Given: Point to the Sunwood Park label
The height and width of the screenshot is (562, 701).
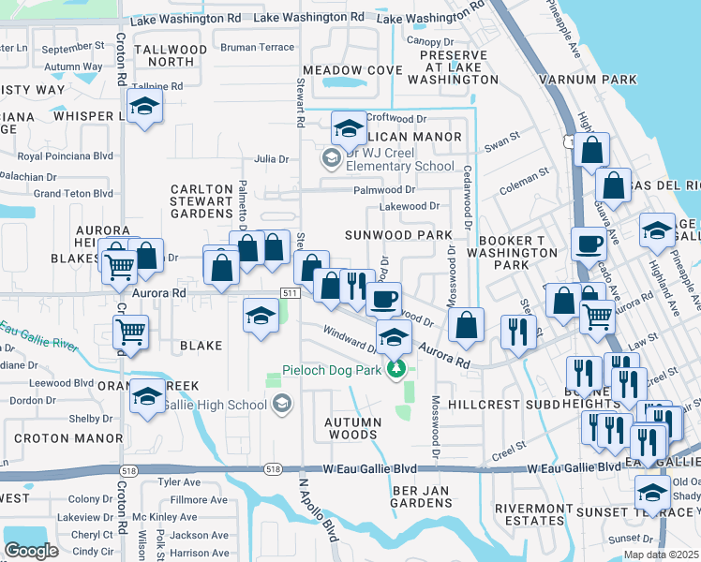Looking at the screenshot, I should coord(391,234).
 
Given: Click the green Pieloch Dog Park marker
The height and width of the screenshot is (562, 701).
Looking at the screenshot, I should coord(397,370).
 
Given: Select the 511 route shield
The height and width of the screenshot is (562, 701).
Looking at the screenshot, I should coord(290,293).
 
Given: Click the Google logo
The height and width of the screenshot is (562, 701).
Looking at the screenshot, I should coord(31,551).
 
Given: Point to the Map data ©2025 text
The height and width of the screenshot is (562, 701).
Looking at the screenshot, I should coord(661,555).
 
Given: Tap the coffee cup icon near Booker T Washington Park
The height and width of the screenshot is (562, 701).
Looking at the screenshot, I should coord(589,243).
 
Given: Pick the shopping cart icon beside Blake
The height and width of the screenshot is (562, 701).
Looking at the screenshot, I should coord(130,332).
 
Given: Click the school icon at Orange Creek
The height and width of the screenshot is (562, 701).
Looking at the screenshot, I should coord(147,396).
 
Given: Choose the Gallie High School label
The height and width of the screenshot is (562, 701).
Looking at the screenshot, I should coord(215,405).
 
